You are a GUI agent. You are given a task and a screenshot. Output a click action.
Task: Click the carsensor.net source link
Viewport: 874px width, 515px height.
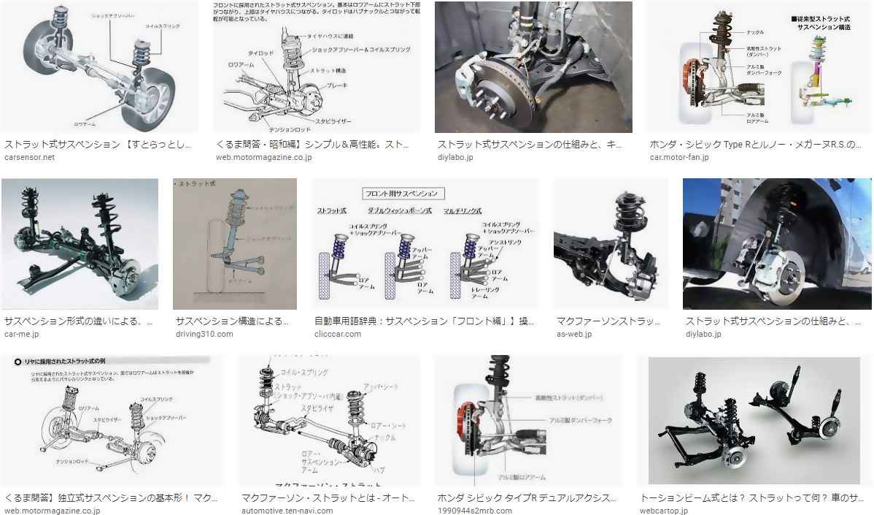point(29,157)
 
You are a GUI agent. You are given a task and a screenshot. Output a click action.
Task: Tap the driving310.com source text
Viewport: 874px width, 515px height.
point(204,334)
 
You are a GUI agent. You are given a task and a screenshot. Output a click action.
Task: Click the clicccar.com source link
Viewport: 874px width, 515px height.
point(337,334)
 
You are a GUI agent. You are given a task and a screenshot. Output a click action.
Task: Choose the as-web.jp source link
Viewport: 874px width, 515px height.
point(574,334)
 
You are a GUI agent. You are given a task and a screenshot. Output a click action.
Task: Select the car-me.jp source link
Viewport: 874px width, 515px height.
point(21,334)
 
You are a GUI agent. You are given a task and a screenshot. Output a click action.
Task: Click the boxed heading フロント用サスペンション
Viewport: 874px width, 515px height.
point(403,194)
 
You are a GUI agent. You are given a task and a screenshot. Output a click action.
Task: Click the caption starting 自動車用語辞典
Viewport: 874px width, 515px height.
point(424,321)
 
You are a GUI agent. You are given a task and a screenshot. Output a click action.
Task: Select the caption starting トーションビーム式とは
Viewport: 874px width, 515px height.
point(751,497)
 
